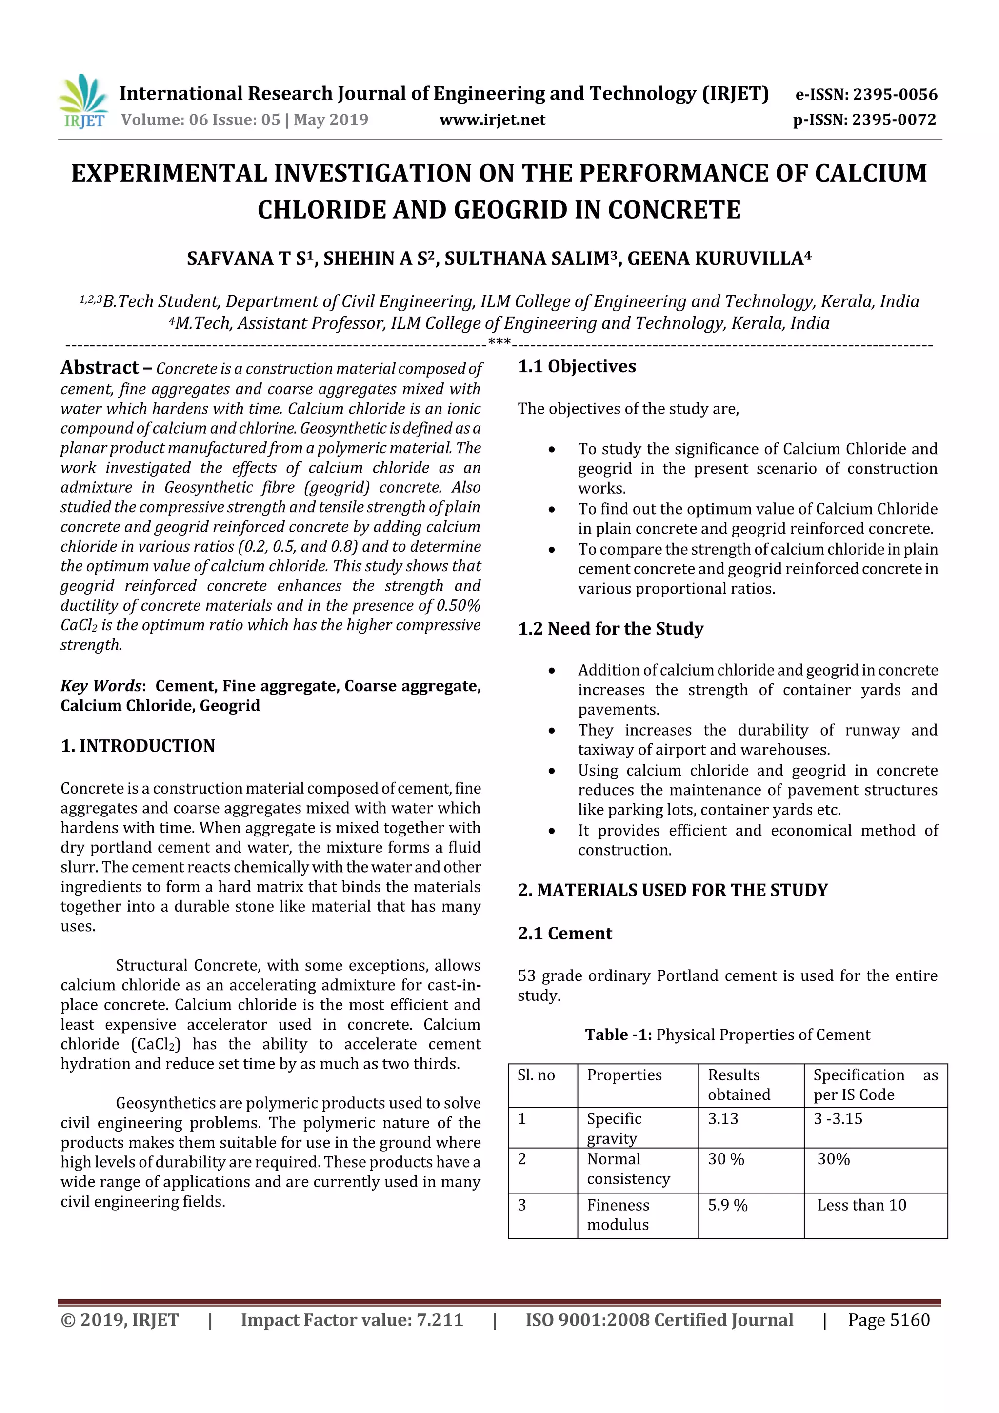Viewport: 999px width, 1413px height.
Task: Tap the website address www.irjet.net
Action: click(492, 119)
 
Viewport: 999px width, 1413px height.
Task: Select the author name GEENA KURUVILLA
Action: click(719, 259)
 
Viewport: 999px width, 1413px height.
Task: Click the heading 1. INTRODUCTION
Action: click(138, 745)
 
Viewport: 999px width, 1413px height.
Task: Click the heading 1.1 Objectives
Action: click(577, 366)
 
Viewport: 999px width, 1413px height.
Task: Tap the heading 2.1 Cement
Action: click(564, 934)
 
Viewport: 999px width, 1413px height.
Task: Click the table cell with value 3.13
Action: click(722, 1119)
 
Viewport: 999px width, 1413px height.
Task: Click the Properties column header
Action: click(624, 1075)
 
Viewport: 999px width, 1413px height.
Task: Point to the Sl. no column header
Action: click(536, 1075)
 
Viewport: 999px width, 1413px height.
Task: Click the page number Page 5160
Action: click(888, 1319)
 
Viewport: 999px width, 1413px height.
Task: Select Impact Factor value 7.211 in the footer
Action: click(352, 1319)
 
